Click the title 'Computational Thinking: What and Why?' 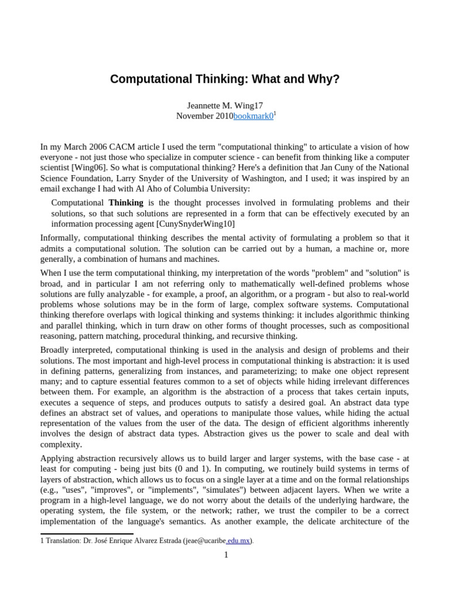224,79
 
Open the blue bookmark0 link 253,116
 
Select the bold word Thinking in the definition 125,203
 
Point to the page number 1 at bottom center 226,555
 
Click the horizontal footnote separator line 87,534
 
